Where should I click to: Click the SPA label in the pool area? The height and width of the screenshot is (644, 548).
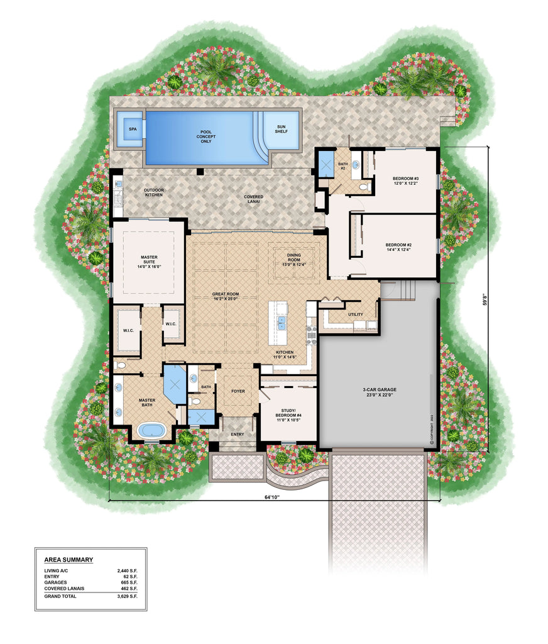coord(133,129)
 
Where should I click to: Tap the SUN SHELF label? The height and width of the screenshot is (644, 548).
coord(281,129)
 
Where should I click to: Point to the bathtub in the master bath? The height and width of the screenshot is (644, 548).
coord(151,431)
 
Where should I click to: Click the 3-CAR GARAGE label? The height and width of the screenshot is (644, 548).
coord(380,393)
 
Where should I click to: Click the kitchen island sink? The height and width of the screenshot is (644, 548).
coord(282,323)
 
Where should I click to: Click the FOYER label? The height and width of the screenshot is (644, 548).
coord(238,391)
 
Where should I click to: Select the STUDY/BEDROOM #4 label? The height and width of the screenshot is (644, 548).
coord(287,414)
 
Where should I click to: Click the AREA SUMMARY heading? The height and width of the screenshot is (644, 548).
coord(68,559)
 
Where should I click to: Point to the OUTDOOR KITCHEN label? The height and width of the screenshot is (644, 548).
coord(153,192)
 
